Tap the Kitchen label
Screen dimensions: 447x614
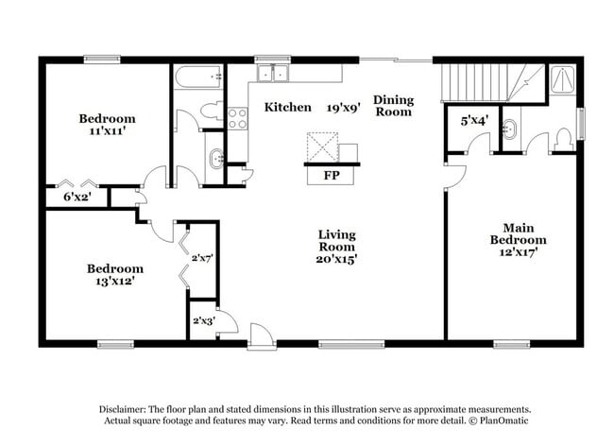pyautogui.click(x=287, y=107)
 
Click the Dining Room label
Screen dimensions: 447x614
pyautogui.click(x=393, y=105)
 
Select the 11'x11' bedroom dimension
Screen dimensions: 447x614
pyautogui.click(x=106, y=132)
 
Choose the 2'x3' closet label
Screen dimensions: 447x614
pyautogui.click(x=203, y=321)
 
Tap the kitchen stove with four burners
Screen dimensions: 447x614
pyautogui.click(x=237, y=118)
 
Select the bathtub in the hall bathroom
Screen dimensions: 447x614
pyautogui.click(x=197, y=77)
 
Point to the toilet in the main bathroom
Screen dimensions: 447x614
pyautogui.click(x=563, y=138)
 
